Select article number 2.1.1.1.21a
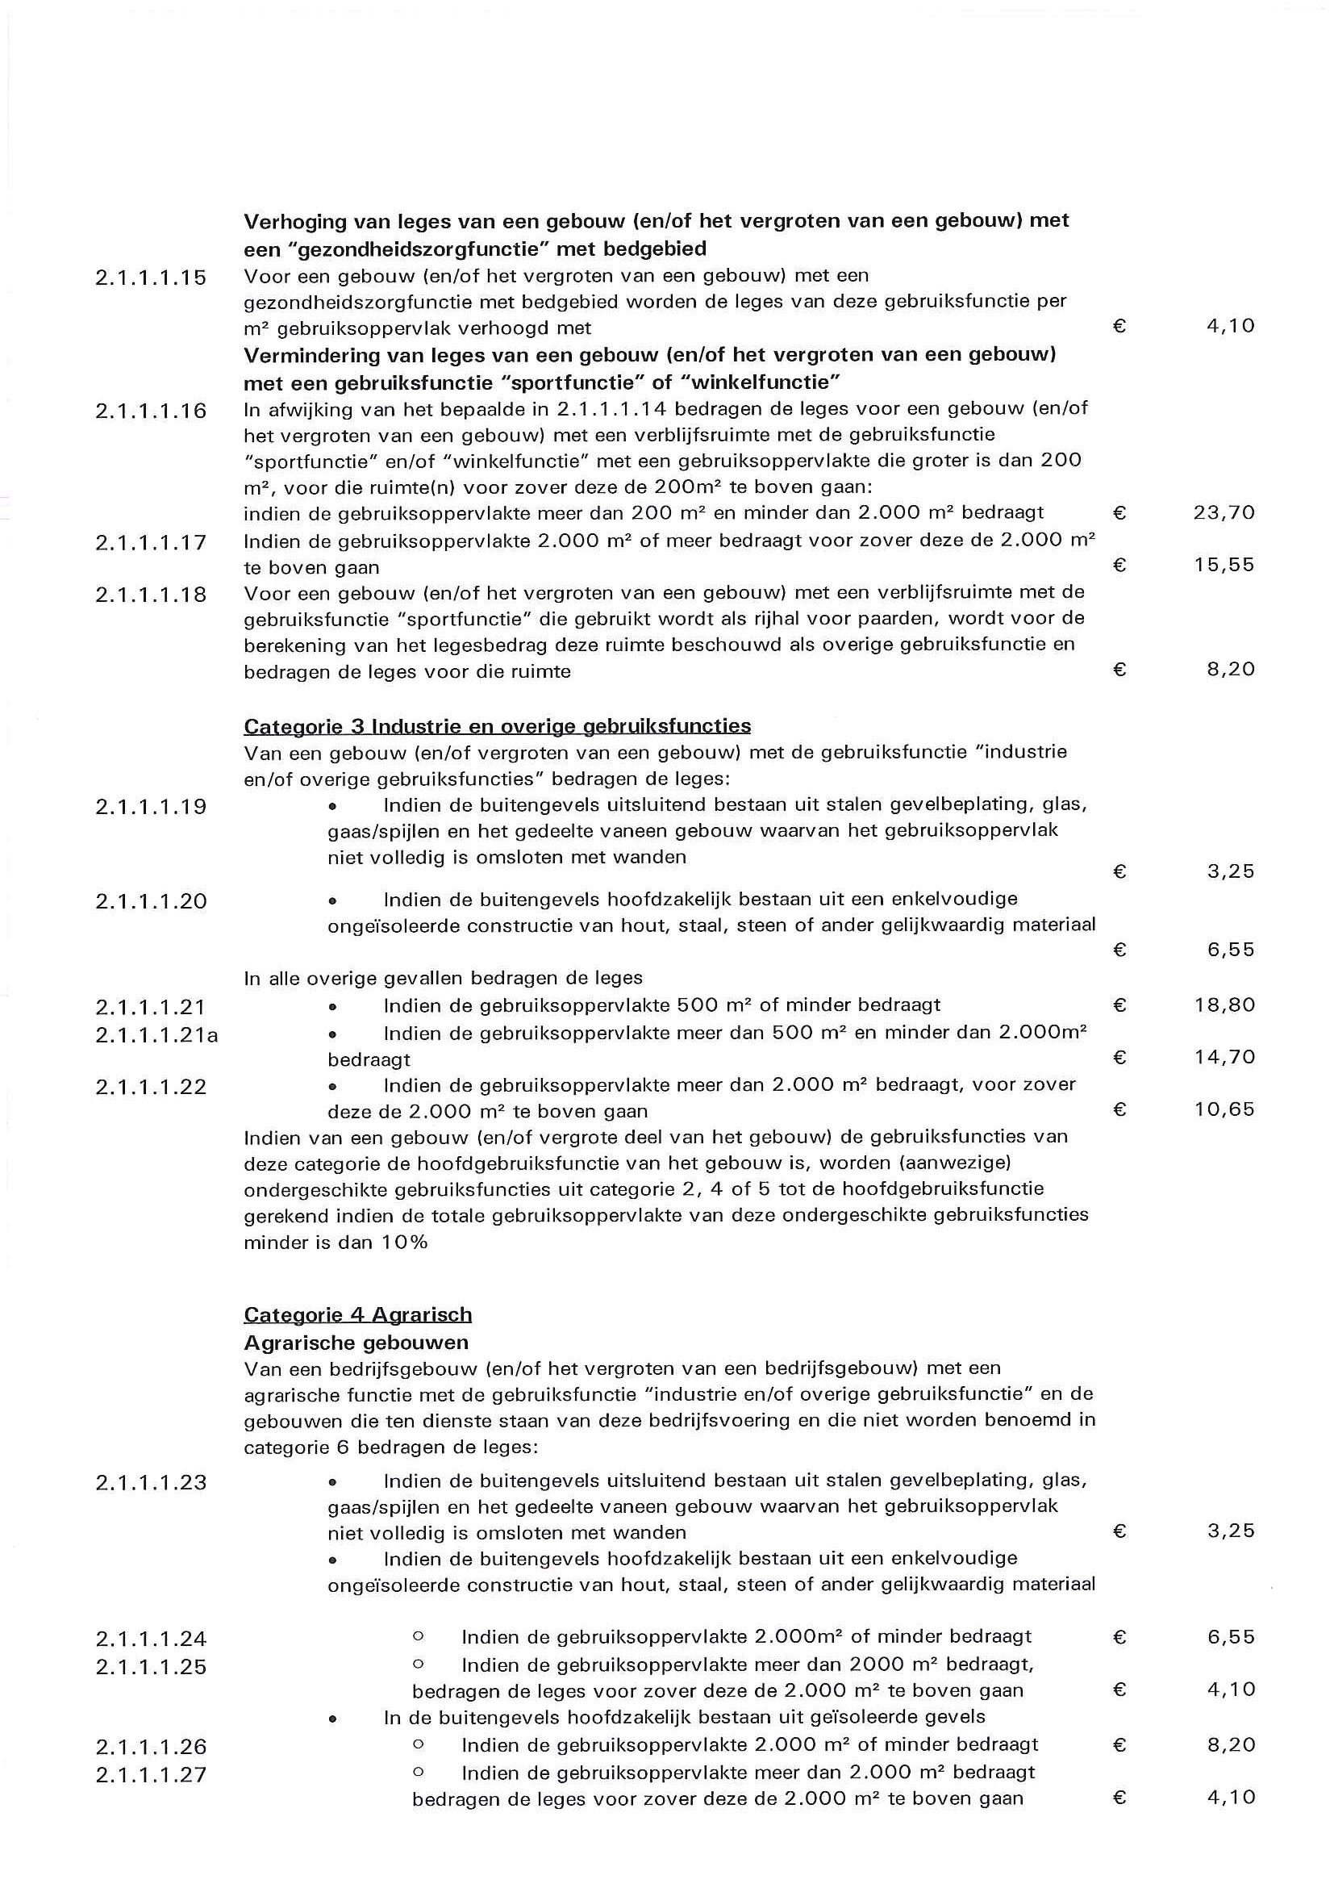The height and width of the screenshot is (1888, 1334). click(156, 1034)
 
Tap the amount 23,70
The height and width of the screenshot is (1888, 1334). click(1224, 513)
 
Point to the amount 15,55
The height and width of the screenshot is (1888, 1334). click(1224, 565)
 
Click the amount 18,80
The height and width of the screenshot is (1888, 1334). click(1224, 1005)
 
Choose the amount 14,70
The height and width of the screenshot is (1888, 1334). click(1224, 1057)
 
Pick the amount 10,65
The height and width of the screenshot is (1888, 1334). click(1224, 1109)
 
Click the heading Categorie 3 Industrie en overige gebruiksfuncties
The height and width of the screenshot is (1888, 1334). click(497, 726)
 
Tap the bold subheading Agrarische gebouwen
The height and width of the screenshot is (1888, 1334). click(356, 1343)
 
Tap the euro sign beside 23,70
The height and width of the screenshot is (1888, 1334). click(1119, 513)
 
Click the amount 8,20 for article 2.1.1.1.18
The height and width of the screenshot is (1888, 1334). click(1231, 670)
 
